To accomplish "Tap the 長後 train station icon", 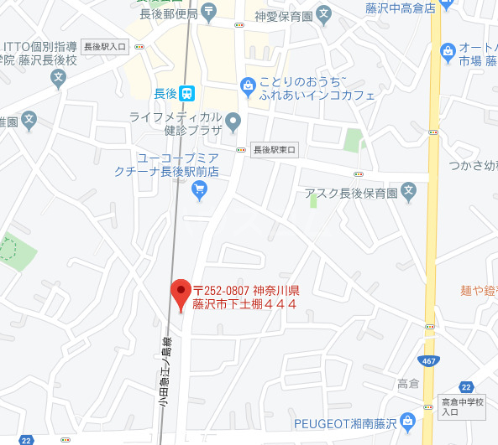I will point(191,93).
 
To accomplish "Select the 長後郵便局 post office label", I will point(169,13).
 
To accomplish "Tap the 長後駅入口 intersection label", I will point(106,47).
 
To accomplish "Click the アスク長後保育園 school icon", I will point(409,193).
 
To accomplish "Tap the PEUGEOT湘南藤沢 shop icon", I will point(408,419).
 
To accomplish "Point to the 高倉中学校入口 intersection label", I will point(463,406).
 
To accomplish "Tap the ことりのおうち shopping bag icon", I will point(247,84).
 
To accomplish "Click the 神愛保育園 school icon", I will point(325,13).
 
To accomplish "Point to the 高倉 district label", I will point(408,384).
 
